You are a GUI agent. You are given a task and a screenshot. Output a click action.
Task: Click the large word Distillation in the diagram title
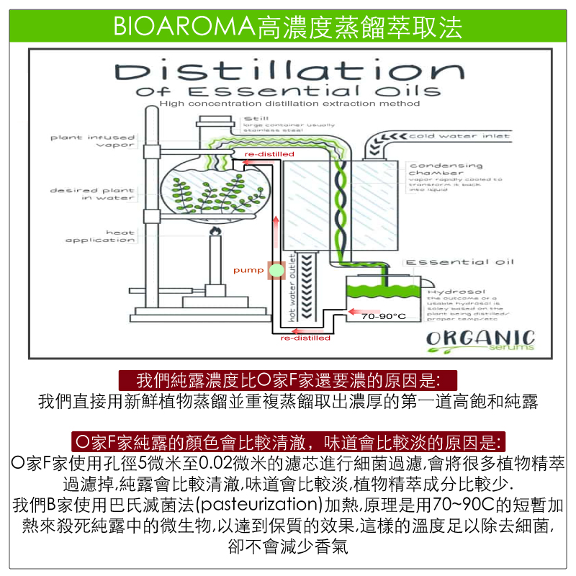(289, 71)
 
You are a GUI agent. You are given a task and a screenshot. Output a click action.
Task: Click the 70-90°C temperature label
(384, 316)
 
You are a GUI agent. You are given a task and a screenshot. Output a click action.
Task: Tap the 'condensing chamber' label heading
(435, 169)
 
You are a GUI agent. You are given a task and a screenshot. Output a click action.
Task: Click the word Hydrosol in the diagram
(449, 290)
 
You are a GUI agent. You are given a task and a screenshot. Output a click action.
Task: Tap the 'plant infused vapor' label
(93, 140)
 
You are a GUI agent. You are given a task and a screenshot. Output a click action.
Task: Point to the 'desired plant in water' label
(93, 194)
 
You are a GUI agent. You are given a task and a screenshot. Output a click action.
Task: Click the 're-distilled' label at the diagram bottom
(305, 338)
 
